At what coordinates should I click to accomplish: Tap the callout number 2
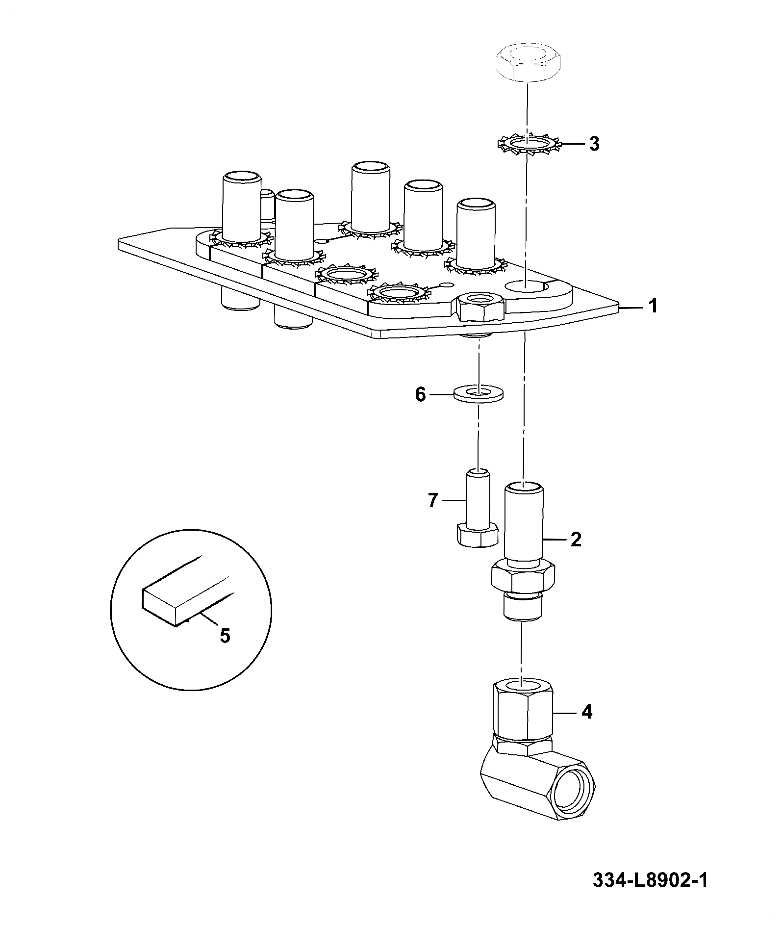576,540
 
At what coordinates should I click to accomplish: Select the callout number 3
594,144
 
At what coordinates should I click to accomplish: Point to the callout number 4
587,712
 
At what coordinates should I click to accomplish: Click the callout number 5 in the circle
224,636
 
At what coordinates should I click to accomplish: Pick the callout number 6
421,394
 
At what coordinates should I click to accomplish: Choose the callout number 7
432,501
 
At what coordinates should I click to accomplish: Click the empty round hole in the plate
527,287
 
